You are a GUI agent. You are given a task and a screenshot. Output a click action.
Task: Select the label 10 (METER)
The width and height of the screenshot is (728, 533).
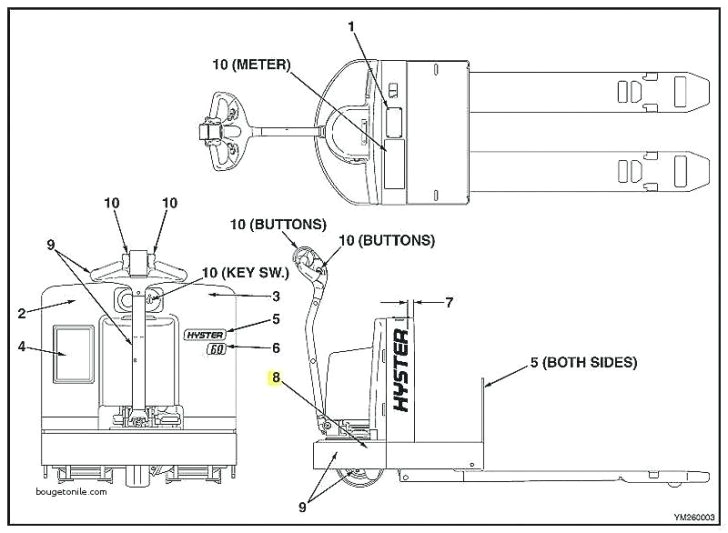[x=251, y=65]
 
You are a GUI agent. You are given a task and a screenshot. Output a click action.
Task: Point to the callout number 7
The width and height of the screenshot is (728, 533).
[x=449, y=301]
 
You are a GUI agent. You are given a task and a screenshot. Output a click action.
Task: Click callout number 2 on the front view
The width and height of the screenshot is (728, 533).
[x=21, y=312]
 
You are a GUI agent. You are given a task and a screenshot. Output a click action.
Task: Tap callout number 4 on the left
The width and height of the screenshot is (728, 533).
[x=21, y=349]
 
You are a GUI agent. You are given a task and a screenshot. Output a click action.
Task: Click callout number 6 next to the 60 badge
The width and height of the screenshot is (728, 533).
[x=277, y=348]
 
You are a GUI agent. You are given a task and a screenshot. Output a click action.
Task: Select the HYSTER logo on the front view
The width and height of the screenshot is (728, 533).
[x=205, y=334]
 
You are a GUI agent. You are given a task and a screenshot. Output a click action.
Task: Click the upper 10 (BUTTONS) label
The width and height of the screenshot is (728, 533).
[x=277, y=224]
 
